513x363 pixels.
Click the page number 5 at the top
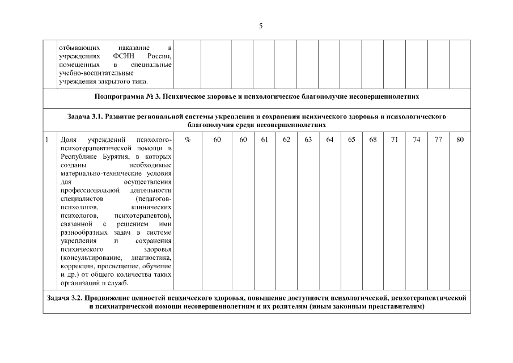coord(260,26)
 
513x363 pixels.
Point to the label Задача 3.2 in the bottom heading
coord(64,298)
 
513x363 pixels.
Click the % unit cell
coord(187,140)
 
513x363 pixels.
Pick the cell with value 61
coord(264,140)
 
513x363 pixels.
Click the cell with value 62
coord(286,140)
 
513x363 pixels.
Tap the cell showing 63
coord(308,140)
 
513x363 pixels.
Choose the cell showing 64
coord(329,140)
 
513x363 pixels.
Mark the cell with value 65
coord(351,140)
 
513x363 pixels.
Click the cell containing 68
coord(373,140)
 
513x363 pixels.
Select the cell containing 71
coord(395,140)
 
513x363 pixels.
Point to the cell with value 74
coord(417,140)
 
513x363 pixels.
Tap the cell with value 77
coord(438,140)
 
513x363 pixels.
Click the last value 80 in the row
coord(460,140)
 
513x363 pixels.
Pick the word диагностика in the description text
coord(152,259)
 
